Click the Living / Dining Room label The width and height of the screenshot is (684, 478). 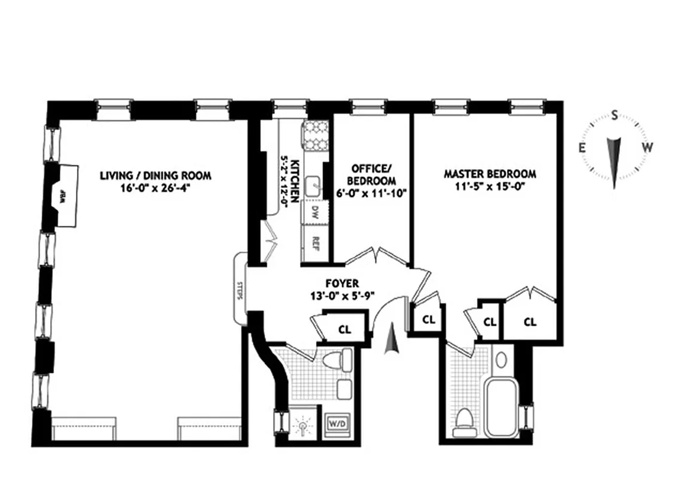155,175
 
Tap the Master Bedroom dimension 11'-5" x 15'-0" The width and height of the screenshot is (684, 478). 490,186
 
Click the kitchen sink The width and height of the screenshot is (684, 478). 313,187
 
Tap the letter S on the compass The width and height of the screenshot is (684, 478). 614,115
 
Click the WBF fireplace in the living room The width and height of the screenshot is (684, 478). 62,195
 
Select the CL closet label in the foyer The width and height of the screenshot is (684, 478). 344,329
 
